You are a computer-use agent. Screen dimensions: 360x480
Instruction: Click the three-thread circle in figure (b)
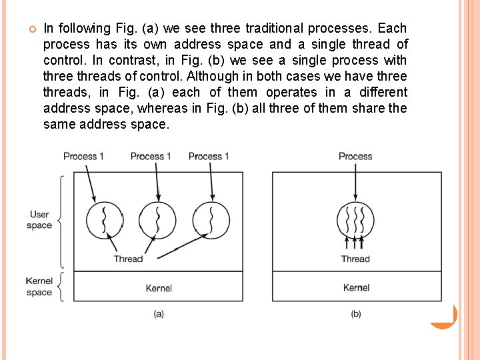(356, 219)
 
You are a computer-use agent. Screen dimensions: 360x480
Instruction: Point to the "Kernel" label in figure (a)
(159, 288)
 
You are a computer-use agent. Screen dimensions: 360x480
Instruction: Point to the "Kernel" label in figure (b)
(356, 288)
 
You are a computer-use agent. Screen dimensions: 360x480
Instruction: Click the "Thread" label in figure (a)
(128, 259)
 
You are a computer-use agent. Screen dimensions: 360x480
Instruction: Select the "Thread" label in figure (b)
(355, 259)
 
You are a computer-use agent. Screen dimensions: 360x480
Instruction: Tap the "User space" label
(39, 220)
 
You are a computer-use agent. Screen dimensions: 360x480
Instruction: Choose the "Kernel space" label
(39, 287)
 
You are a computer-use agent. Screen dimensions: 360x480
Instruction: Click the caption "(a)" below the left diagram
(159, 313)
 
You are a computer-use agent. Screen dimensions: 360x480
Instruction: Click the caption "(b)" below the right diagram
(356, 313)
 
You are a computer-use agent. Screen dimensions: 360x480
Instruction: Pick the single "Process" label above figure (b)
(355, 156)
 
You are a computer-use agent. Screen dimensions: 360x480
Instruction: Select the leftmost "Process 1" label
(83, 156)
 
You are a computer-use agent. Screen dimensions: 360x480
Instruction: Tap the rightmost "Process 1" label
(209, 156)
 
